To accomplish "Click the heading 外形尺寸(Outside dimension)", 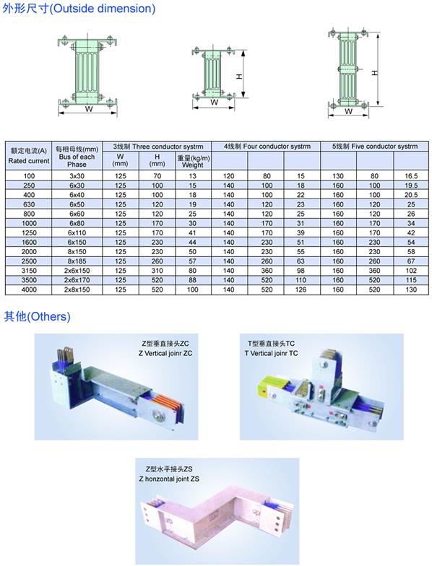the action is click(79, 9).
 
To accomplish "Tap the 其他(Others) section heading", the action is click(37, 316).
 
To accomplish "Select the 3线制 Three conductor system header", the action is click(157, 147).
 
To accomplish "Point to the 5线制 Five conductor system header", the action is click(374, 146).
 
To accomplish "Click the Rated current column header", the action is click(29, 156).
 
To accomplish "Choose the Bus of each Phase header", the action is click(77, 157).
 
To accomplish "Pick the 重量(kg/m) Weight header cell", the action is click(194, 162).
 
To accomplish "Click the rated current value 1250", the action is click(29, 232).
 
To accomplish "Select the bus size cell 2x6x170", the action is click(77, 280).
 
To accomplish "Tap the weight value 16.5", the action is click(411, 176).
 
